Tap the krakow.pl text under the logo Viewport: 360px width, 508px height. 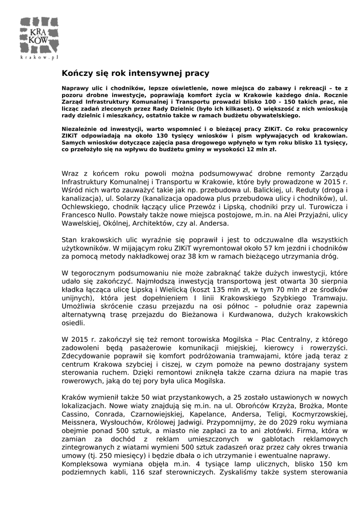pyautogui.click(x=40, y=58)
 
